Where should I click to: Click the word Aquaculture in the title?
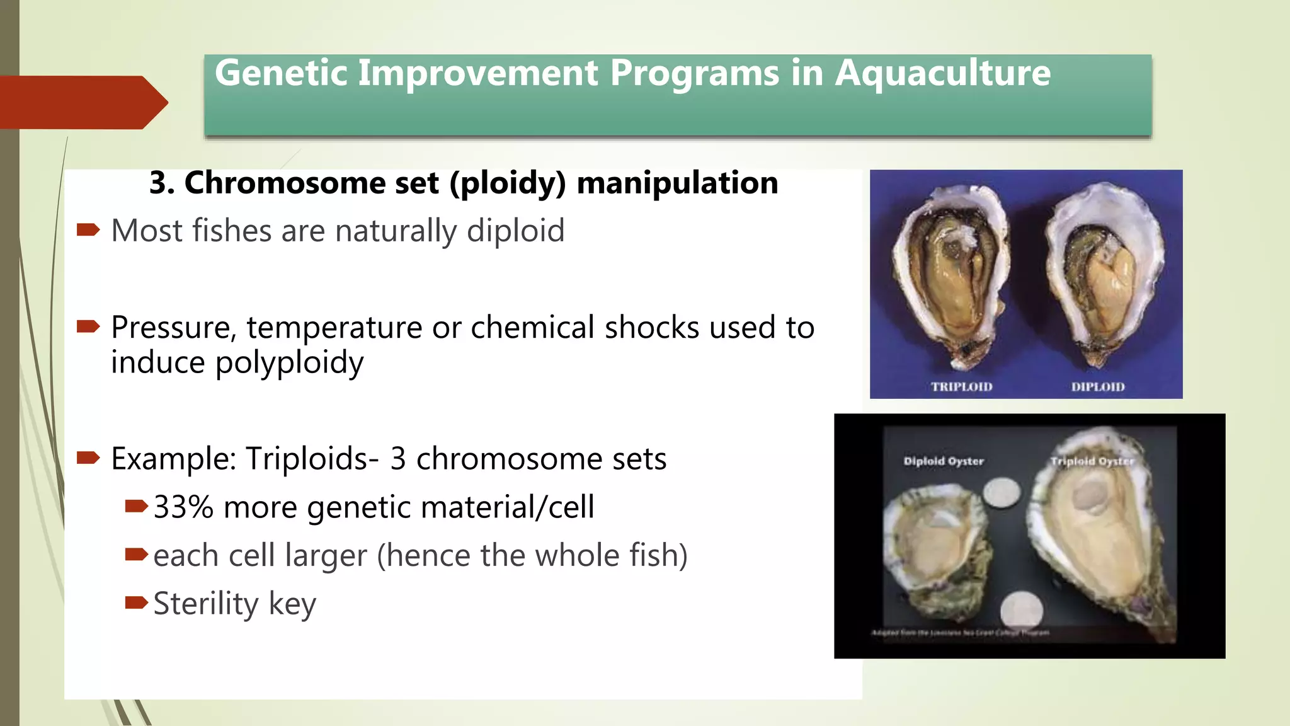click(942, 73)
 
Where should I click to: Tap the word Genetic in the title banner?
click(281, 73)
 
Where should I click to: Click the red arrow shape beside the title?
click(82, 102)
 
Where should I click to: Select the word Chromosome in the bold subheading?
click(284, 183)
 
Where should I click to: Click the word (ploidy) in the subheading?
click(508, 183)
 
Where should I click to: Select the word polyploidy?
click(289, 363)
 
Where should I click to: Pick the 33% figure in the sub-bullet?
click(183, 507)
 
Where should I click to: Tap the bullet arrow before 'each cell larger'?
click(136, 555)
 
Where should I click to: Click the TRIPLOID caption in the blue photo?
click(961, 387)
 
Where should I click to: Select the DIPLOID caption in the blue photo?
click(1097, 387)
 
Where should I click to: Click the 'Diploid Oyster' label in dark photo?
click(943, 461)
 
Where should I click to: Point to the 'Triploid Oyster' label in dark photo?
click(1092, 461)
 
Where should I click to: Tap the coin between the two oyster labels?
click(1002, 493)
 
